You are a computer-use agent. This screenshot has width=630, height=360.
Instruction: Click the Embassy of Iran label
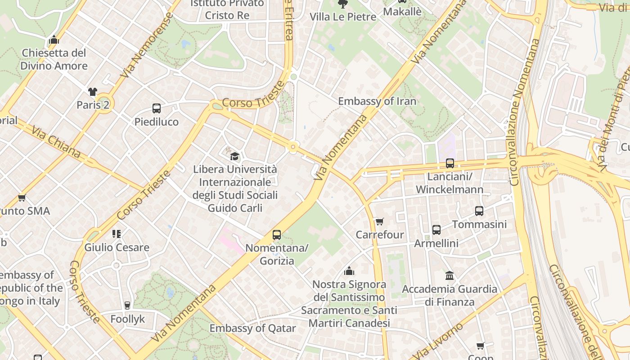[x=377, y=101]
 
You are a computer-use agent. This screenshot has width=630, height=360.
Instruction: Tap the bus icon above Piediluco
[x=157, y=108]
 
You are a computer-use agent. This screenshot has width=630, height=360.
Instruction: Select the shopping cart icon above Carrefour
[x=380, y=221]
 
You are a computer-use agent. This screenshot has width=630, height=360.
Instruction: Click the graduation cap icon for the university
[x=234, y=156]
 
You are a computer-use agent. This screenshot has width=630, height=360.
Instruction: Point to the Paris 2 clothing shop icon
[x=93, y=92]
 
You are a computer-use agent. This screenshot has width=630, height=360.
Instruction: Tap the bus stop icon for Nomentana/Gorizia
[x=277, y=235]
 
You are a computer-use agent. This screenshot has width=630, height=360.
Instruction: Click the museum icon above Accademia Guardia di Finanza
[x=449, y=275]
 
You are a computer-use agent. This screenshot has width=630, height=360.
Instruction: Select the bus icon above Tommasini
[x=479, y=211]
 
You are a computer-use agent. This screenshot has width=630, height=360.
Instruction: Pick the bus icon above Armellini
[x=436, y=230]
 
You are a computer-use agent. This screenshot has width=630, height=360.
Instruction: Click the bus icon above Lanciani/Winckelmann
[x=450, y=163]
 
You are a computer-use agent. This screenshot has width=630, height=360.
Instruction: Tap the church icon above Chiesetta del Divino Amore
[x=54, y=40]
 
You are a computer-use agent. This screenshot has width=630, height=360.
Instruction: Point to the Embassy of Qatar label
[x=252, y=328]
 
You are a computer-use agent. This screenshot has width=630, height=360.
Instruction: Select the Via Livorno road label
[x=437, y=341]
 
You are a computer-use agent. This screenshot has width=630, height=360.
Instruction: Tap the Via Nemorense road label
[x=147, y=45]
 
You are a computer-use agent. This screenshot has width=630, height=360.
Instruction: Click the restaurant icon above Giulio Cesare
[x=117, y=234]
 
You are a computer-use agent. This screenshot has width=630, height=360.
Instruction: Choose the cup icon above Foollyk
[x=127, y=306]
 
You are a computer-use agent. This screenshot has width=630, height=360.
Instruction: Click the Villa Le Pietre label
[x=343, y=17]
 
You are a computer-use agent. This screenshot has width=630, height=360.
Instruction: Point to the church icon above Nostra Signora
[x=349, y=271]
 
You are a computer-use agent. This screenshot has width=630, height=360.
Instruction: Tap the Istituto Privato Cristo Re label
[x=227, y=9]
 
